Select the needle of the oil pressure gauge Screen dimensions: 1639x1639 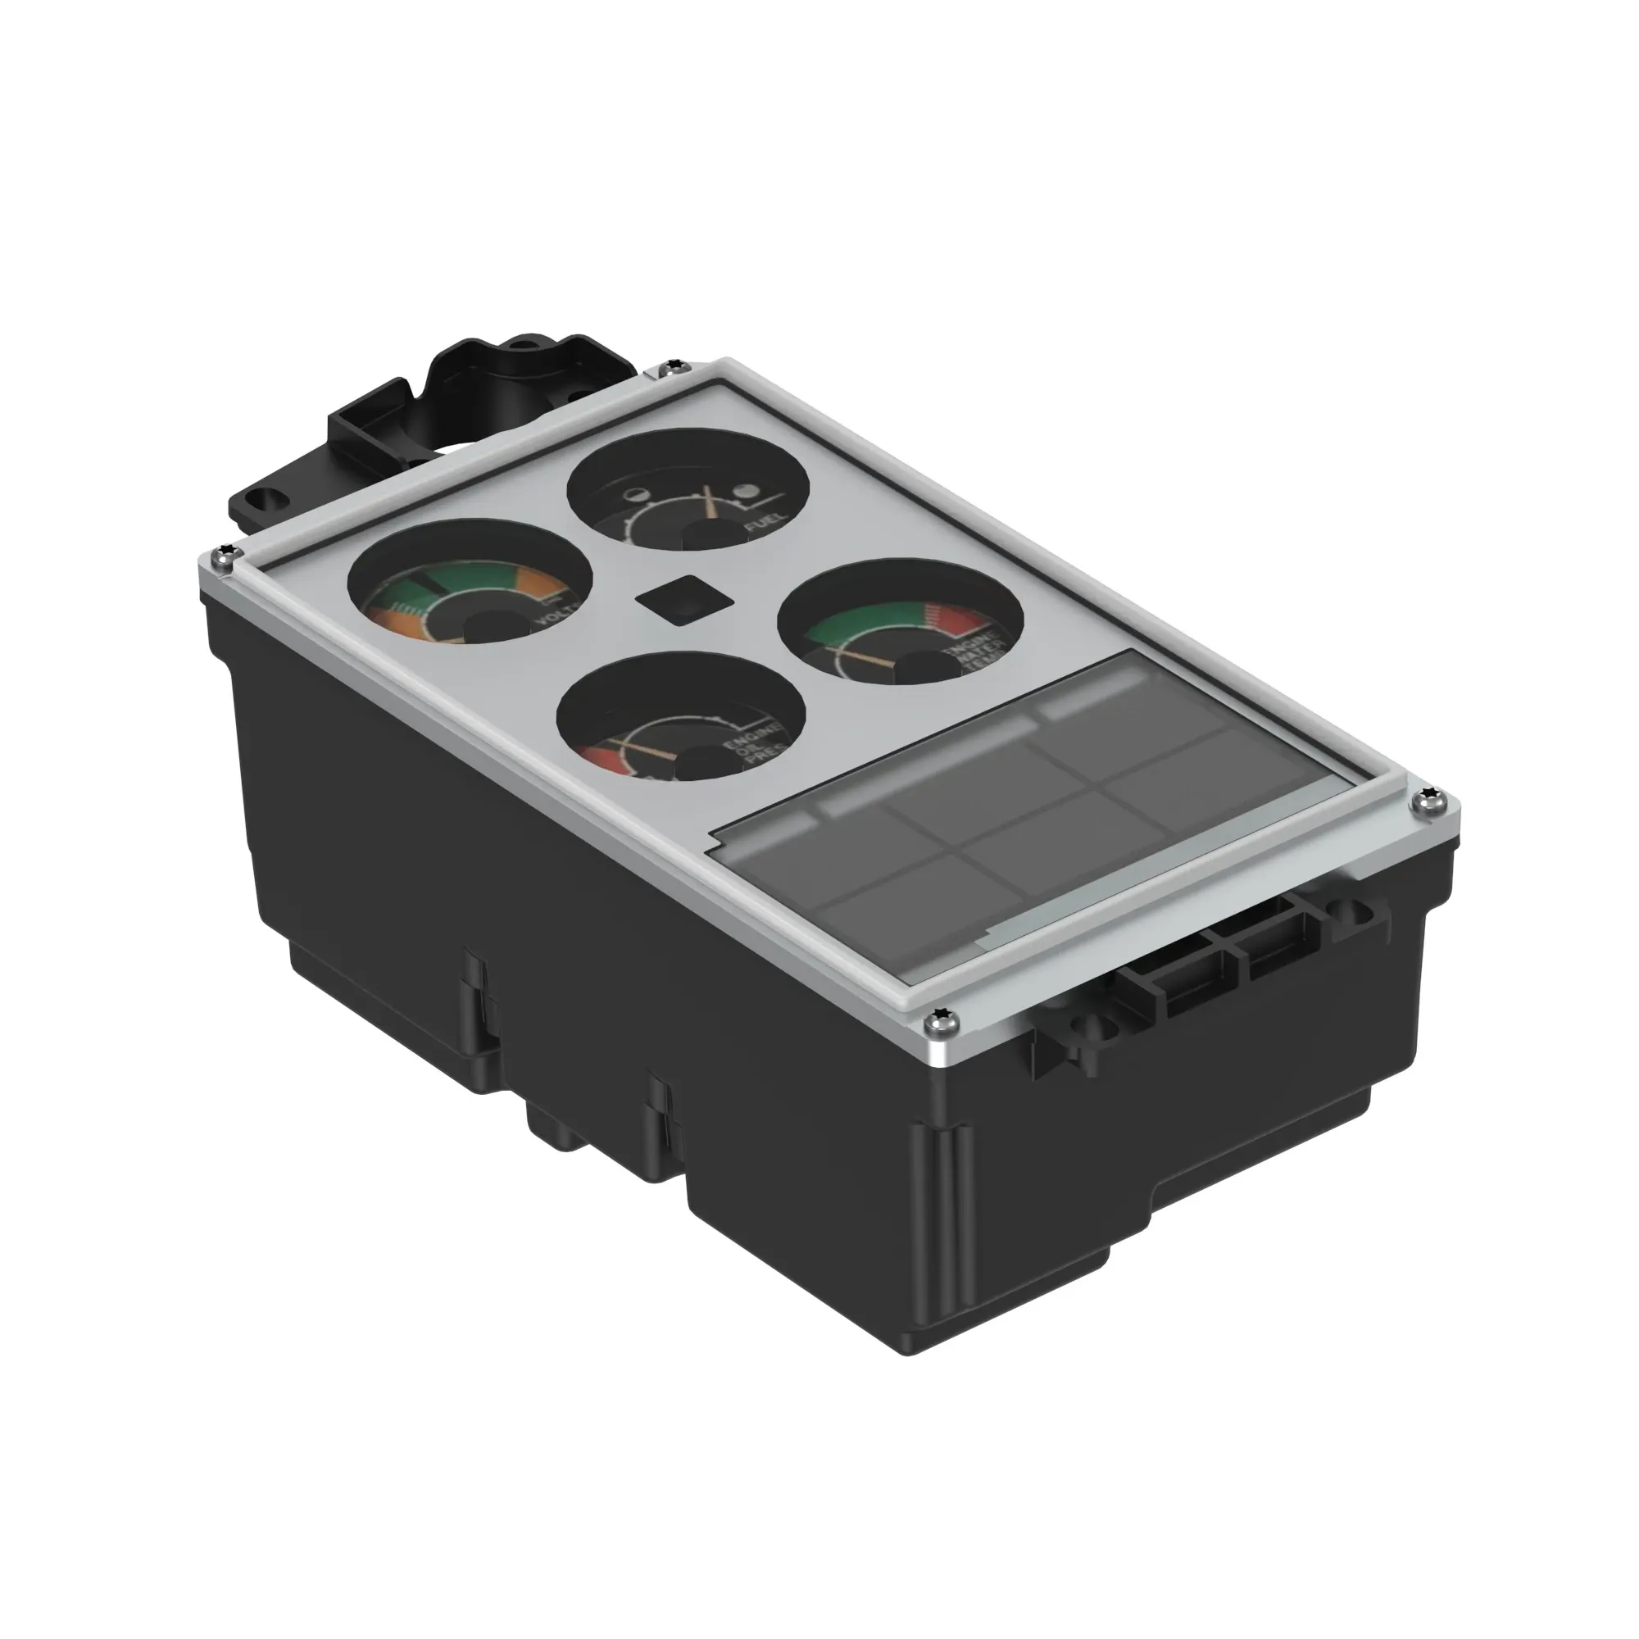click(646, 749)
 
